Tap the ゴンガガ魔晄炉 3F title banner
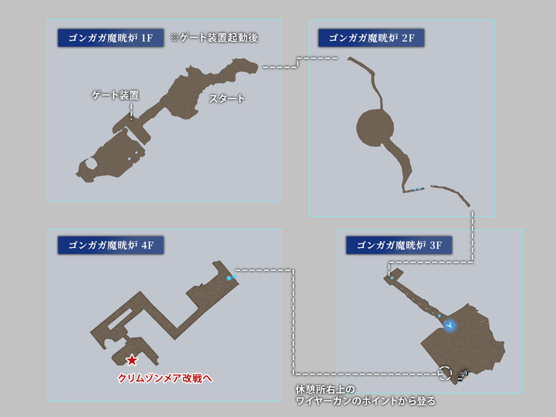(399, 245)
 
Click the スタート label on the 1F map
(227, 99)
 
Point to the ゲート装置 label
(115, 95)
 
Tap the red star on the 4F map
(132, 360)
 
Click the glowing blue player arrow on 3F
(449, 326)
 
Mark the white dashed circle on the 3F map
(445, 373)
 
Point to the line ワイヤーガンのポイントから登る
(365, 400)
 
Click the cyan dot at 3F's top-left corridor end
(392, 277)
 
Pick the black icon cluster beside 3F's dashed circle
(462, 376)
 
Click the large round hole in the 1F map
(88, 165)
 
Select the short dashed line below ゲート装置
(131, 112)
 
